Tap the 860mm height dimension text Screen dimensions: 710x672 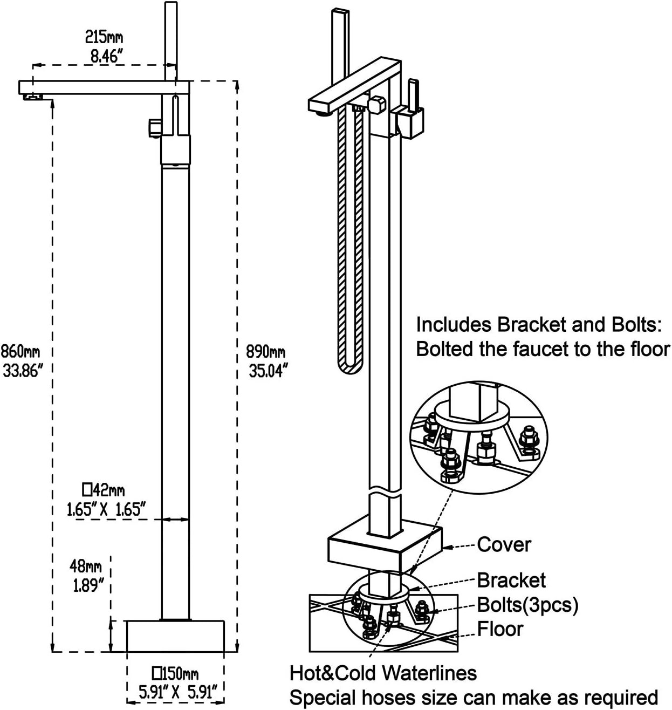coord(20,352)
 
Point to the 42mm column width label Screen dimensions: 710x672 coord(103,490)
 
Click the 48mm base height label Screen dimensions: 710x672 coord(86,566)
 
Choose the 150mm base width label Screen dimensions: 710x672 coord(176,674)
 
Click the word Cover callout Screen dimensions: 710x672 coord(504,545)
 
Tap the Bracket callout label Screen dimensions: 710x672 coord(511,581)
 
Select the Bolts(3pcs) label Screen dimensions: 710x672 coord(527,605)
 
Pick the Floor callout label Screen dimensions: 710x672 coord(500,629)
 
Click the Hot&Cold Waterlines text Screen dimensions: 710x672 coord(383,673)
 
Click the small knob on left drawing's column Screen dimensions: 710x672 coord(153,127)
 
